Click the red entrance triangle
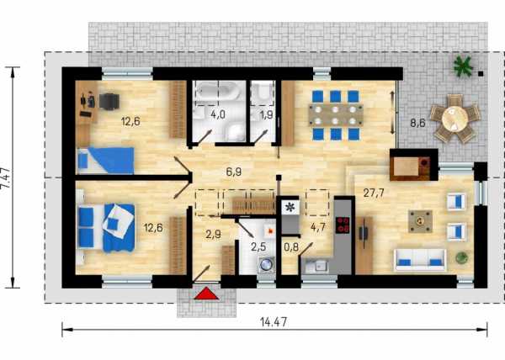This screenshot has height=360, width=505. [x=206, y=294]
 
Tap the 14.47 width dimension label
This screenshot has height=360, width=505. [x=274, y=322]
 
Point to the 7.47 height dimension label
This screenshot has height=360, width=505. [x=9, y=178]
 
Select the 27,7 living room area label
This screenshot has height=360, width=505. [x=373, y=193]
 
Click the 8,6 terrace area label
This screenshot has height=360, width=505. [x=417, y=123]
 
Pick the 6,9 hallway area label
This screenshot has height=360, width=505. [x=234, y=172]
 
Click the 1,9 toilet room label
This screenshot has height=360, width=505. [x=267, y=115]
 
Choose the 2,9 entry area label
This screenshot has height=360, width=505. [x=213, y=234]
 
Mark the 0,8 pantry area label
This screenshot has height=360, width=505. [x=291, y=247]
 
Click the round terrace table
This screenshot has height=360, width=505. [x=454, y=119]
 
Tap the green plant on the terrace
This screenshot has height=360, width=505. [x=463, y=67]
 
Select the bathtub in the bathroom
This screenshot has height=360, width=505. [x=219, y=90]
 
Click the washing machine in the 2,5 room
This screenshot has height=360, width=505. [x=266, y=265]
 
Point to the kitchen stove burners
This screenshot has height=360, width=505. [x=343, y=225]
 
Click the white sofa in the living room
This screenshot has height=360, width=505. [x=420, y=260]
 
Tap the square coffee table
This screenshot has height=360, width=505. [x=420, y=221]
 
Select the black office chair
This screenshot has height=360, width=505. [x=109, y=102]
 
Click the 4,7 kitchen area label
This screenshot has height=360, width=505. [x=317, y=227]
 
